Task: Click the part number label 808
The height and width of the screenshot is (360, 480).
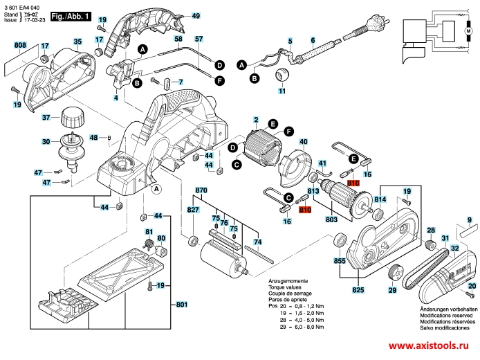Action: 19,46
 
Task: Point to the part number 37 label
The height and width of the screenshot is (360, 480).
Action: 46,117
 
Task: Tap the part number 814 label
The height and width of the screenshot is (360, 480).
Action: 380,199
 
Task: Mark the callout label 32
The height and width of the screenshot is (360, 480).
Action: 454,247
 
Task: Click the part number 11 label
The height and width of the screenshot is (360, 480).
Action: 281,91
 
